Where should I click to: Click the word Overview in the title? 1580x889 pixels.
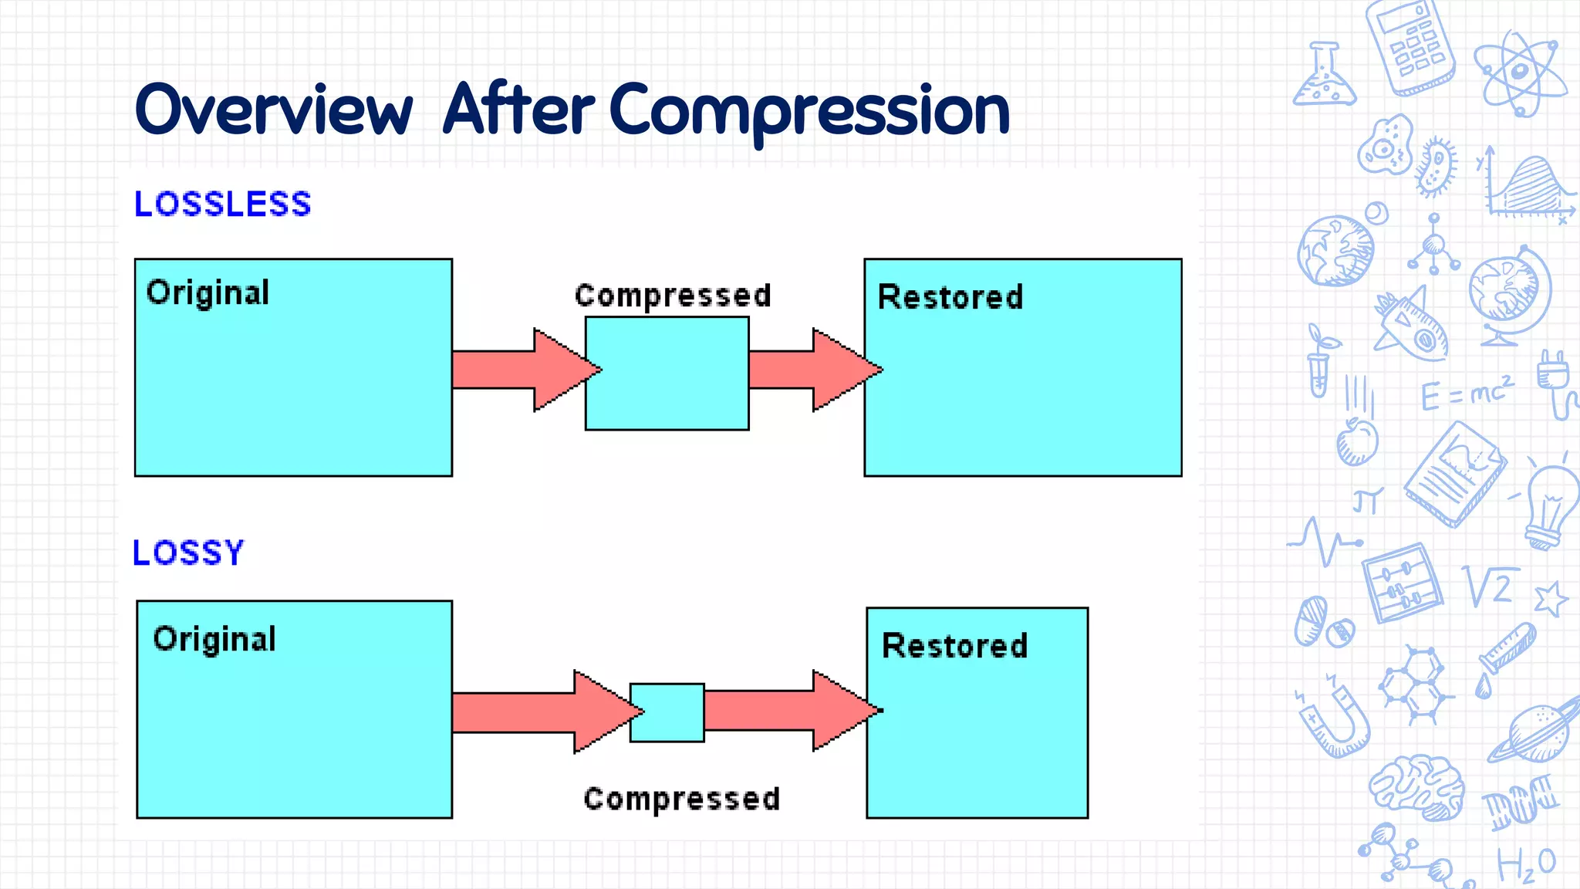(274, 110)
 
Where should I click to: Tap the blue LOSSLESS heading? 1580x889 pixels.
(222, 205)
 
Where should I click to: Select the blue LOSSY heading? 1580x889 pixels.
(188, 553)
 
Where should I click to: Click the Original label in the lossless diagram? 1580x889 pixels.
(208, 293)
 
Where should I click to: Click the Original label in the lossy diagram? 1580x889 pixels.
(214, 639)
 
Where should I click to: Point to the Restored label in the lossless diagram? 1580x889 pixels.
(950, 297)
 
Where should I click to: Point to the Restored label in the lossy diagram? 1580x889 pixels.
(954, 646)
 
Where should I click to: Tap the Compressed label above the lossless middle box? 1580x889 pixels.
(673, 296)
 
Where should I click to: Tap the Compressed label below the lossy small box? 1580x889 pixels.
(682, 799)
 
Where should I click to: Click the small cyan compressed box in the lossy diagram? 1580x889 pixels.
(667, 712)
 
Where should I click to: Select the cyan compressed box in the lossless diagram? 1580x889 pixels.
(667, 374)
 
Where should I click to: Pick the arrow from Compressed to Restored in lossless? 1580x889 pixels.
(810, 370)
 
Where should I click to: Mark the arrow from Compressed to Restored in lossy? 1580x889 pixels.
(787, 711)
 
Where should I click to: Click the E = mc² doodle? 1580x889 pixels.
(1467, 394)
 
